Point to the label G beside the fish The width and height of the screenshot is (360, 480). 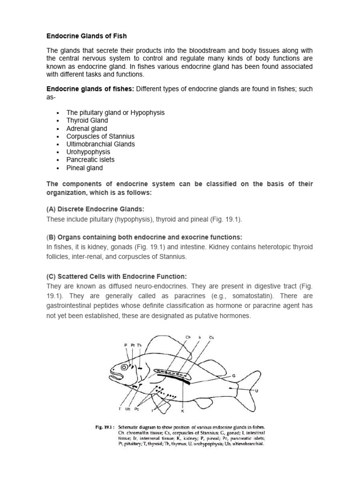(x=233, y=376)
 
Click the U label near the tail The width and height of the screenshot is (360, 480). (x=256, y=390)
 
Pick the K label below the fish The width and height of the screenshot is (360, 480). (x=182, y=411)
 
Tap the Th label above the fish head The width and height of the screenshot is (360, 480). (x=139, y=345)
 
